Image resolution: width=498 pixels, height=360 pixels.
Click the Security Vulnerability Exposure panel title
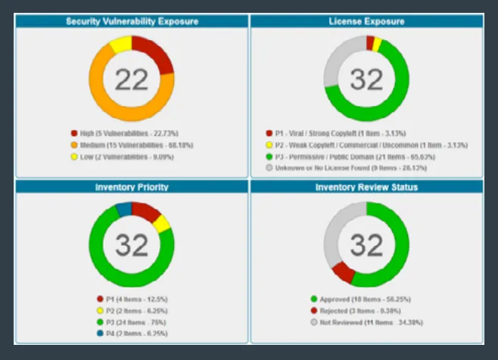[x=132, y=21]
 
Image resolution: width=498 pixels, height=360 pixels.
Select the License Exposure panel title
[x=366, y=21]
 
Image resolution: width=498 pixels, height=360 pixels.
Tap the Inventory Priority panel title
[x=132, y=187]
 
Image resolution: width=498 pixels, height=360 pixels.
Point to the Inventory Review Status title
[x=366, y=187]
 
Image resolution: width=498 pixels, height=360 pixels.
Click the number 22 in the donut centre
[x=132, y=79]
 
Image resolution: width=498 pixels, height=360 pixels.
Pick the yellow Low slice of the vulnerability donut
[x=120, y=45]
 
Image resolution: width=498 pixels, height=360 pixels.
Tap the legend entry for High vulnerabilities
[x=124, y=132]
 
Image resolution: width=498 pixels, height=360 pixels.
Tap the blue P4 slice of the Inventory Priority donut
[x=122, y=209]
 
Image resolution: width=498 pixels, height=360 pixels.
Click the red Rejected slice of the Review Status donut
[x=343, y=271]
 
